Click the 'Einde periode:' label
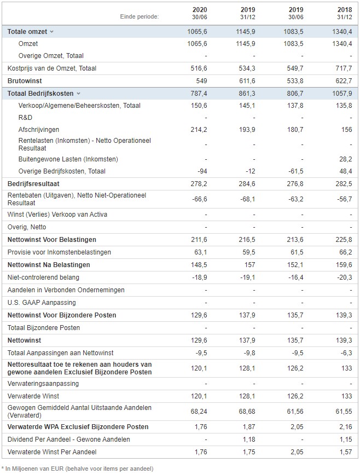[140, 16]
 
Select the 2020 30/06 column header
[200, 13]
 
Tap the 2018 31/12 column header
[345, 13]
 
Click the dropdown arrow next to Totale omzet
[51, 32]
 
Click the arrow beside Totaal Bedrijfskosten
[79, 94]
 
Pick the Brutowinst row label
[25, 80]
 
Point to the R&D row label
[25, 118]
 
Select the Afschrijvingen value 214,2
[199, 130]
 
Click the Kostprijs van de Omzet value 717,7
[344, 68]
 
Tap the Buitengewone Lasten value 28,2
[345, 159]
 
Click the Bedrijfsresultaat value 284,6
[247, 184]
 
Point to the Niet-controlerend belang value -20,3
[345, 277]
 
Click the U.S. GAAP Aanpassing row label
[42, 303]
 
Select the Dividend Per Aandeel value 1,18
[249, 440]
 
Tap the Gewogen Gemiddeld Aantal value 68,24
[199, 412]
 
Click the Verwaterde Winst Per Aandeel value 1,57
[346, 452]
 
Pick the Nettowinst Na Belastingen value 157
[249, 265]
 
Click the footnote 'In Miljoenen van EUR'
[34, 469]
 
